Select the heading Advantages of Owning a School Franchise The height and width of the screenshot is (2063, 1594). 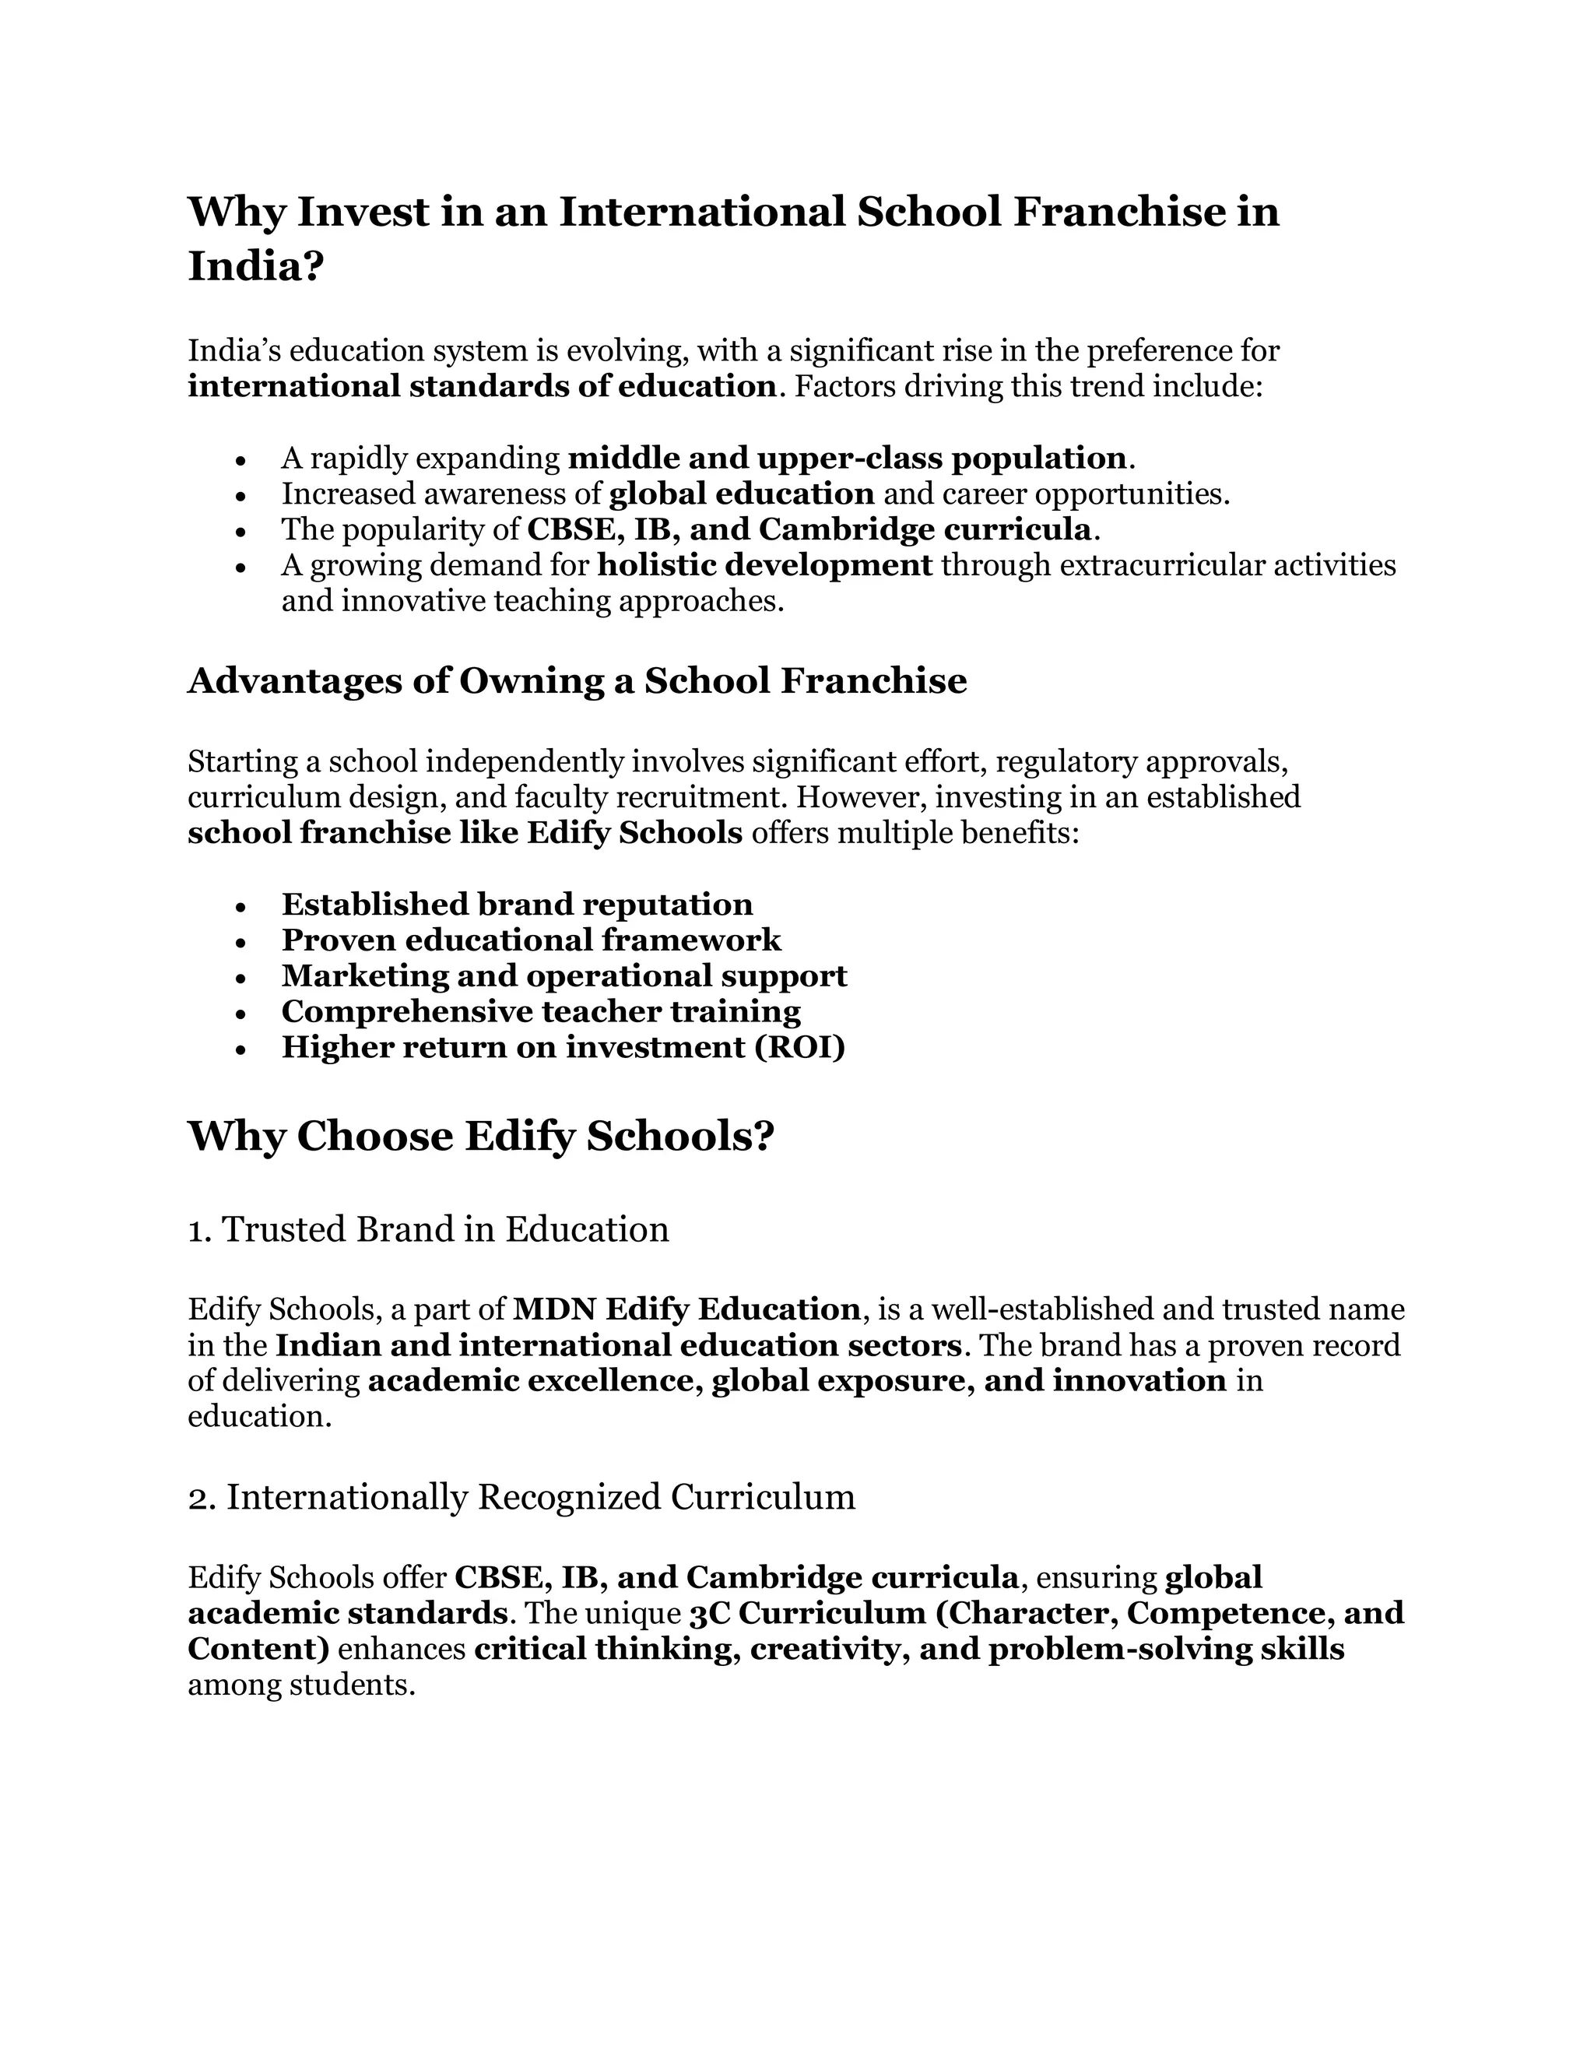pyautogui.click(x=577, y=681)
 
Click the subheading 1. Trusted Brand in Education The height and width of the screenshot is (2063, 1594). pyautogui.click(x=428, y=1229)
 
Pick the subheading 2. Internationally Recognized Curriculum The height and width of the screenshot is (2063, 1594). pyautogui.click(x=521, y=1497)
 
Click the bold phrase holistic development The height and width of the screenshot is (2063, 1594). pyautogui.click(x=765, y=565)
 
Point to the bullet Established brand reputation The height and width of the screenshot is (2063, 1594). pyautogui.click(x=517, y=904)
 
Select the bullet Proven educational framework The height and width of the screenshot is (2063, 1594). pyautogui.click(x=531, y=940)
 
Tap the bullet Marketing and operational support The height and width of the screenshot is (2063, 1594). pyautogui.click(x=564, y=975)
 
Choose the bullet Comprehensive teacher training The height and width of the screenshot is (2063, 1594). pyautogui.click(x=540, y=1012)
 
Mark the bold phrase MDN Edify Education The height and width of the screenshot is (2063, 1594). pyautogui.click(x=686, y=1309)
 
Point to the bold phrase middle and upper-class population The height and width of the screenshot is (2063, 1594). pyautogui.click(x=847, y=458)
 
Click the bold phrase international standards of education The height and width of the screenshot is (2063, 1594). pyautogui.click(x=482, y=386)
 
